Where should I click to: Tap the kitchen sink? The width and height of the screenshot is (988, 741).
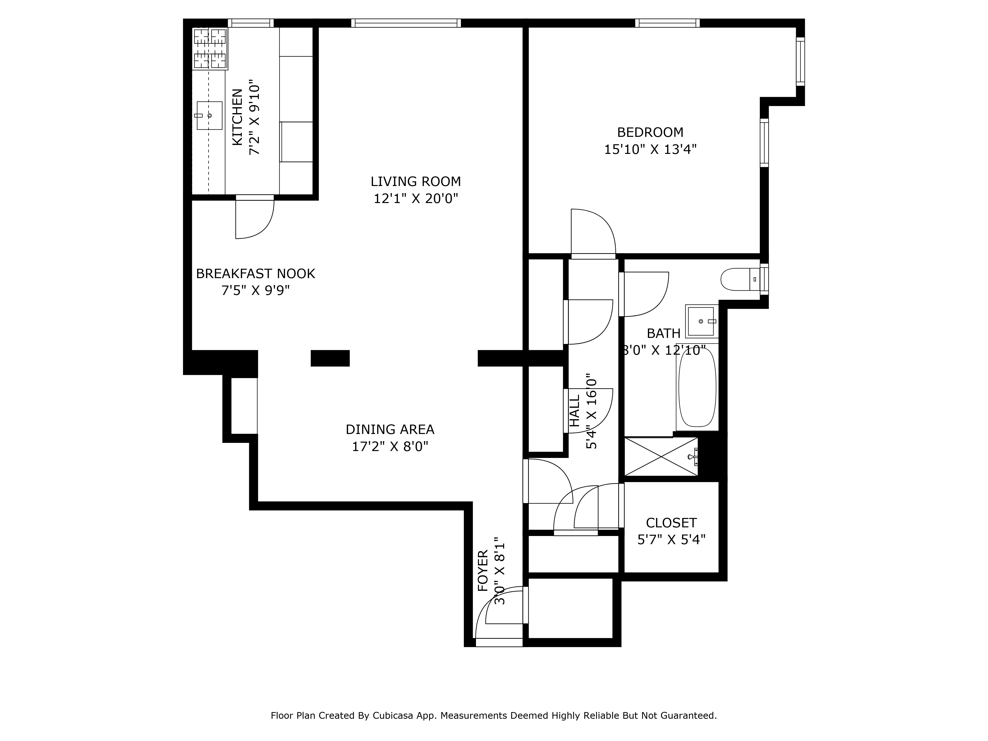click(x=209, y=116)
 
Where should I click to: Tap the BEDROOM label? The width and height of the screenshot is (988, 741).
click(x=650, y=132)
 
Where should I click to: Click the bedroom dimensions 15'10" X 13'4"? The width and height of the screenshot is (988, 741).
click(x=650, y=149)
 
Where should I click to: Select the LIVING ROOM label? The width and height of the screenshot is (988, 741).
click(x=415, y=181)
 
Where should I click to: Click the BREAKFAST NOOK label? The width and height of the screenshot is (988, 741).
click(x=255, y=274)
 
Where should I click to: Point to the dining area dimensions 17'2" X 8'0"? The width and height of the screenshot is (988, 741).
click(x=390, y=446)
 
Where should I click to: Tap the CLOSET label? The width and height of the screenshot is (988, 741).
click(x=671, y=523)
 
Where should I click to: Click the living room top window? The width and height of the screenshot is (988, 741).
click(x=406, y=23)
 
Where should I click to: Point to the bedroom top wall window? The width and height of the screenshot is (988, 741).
click(x=667, y=23)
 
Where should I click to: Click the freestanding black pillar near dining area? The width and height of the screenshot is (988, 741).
click(x=330, y=358)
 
